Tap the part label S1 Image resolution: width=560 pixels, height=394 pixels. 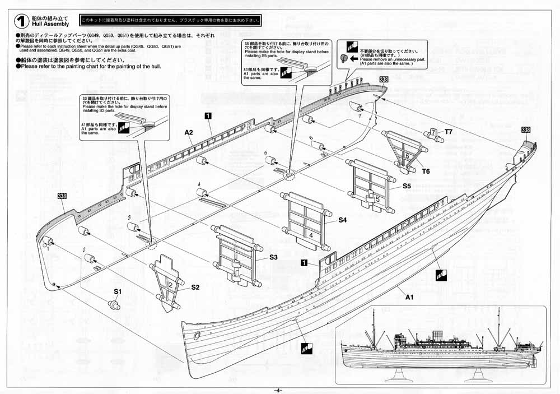click(118, 291)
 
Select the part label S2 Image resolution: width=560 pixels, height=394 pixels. click(195, 288)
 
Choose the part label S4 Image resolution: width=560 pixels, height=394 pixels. click(343, 221)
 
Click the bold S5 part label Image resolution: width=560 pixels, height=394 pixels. click(407, 186)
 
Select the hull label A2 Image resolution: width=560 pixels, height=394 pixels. click(189, 132)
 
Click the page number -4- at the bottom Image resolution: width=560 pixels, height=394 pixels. click(278, 390)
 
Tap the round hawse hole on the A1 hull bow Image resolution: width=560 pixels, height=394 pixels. click(197, 335)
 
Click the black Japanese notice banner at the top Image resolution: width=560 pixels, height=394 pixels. click(171, 21)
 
